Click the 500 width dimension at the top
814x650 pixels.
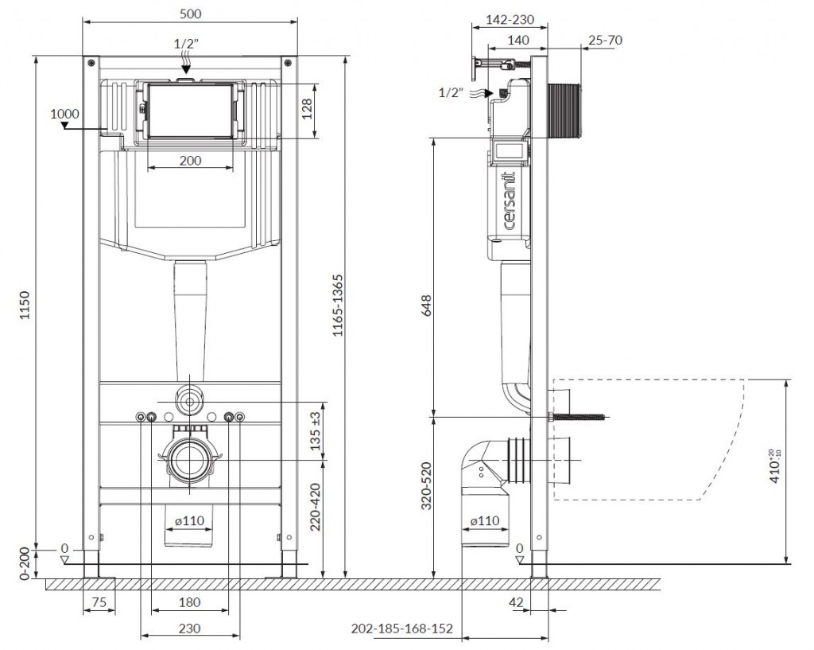click(x=190, y=13)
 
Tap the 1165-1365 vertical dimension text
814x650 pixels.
click(x=337, y=306)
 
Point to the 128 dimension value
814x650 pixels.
click(x=308, y=112)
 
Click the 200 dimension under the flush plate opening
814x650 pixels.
click(x=190, y=160)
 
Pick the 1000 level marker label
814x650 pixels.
click(x=64, y=113)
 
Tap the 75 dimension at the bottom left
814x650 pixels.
click(x=99, y=602)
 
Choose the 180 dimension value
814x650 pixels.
click(x=190, y=602)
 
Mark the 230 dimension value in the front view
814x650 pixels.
click(x=190, y=628)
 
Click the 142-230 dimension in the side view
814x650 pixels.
click(x=510, y=19)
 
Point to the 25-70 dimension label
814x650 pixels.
click(x=606, y=40)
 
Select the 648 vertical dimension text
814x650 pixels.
click(x=426, y=306)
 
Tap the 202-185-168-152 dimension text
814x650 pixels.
click(x=401, y=629)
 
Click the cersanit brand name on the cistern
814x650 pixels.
click(x=510, y=198)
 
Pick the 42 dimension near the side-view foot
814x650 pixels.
click(x=517, y=602)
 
